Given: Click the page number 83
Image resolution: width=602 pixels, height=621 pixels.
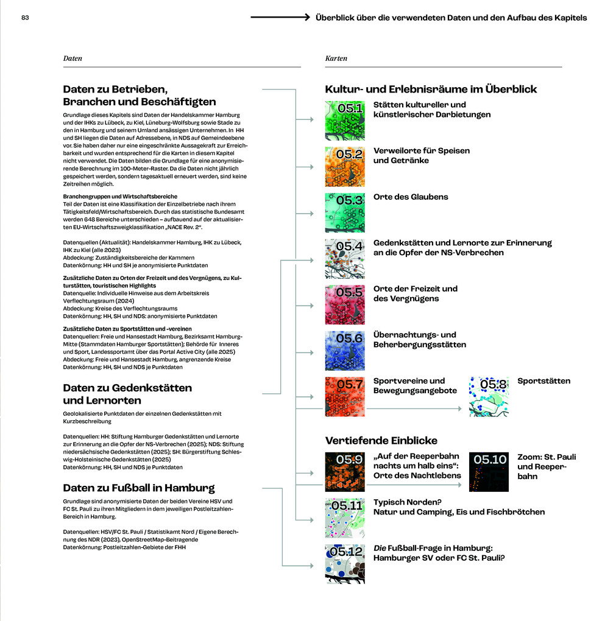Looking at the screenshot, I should coord(25,18).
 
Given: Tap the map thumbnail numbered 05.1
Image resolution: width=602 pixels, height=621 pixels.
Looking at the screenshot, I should coord(345,121).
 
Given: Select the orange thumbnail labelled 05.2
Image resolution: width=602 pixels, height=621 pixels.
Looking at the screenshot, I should coord(345,166).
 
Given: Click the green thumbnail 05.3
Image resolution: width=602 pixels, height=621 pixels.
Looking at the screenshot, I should coord(345,212).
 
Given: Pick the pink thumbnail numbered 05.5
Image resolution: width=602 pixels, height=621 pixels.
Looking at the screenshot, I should coord(345,304).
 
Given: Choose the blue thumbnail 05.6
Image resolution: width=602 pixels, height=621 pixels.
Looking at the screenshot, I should coord(345,351).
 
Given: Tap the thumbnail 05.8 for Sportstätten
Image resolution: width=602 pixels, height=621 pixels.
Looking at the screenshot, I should coord(489,396).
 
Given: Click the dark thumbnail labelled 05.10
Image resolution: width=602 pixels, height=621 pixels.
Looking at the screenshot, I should coord(489,472).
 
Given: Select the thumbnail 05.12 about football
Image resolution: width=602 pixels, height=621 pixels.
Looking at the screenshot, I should coord(345,564).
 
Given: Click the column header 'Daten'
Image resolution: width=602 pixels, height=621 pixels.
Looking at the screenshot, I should coord(73,58).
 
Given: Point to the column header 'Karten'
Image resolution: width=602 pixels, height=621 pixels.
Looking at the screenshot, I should coord(336,58).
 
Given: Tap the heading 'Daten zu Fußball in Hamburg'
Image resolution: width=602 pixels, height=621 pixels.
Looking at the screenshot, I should coord(139,488).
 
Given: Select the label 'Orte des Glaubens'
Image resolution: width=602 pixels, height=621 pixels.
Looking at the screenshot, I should coord(411,197).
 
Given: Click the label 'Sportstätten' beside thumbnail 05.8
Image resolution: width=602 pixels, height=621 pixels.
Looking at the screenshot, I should coord(544,381).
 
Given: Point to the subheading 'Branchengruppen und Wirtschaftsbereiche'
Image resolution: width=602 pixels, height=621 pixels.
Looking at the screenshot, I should coord(120,197).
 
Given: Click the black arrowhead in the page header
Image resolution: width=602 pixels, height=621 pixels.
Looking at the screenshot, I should coord(307,18).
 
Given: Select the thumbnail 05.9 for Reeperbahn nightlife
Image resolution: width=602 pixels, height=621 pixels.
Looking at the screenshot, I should coord(345,472).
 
